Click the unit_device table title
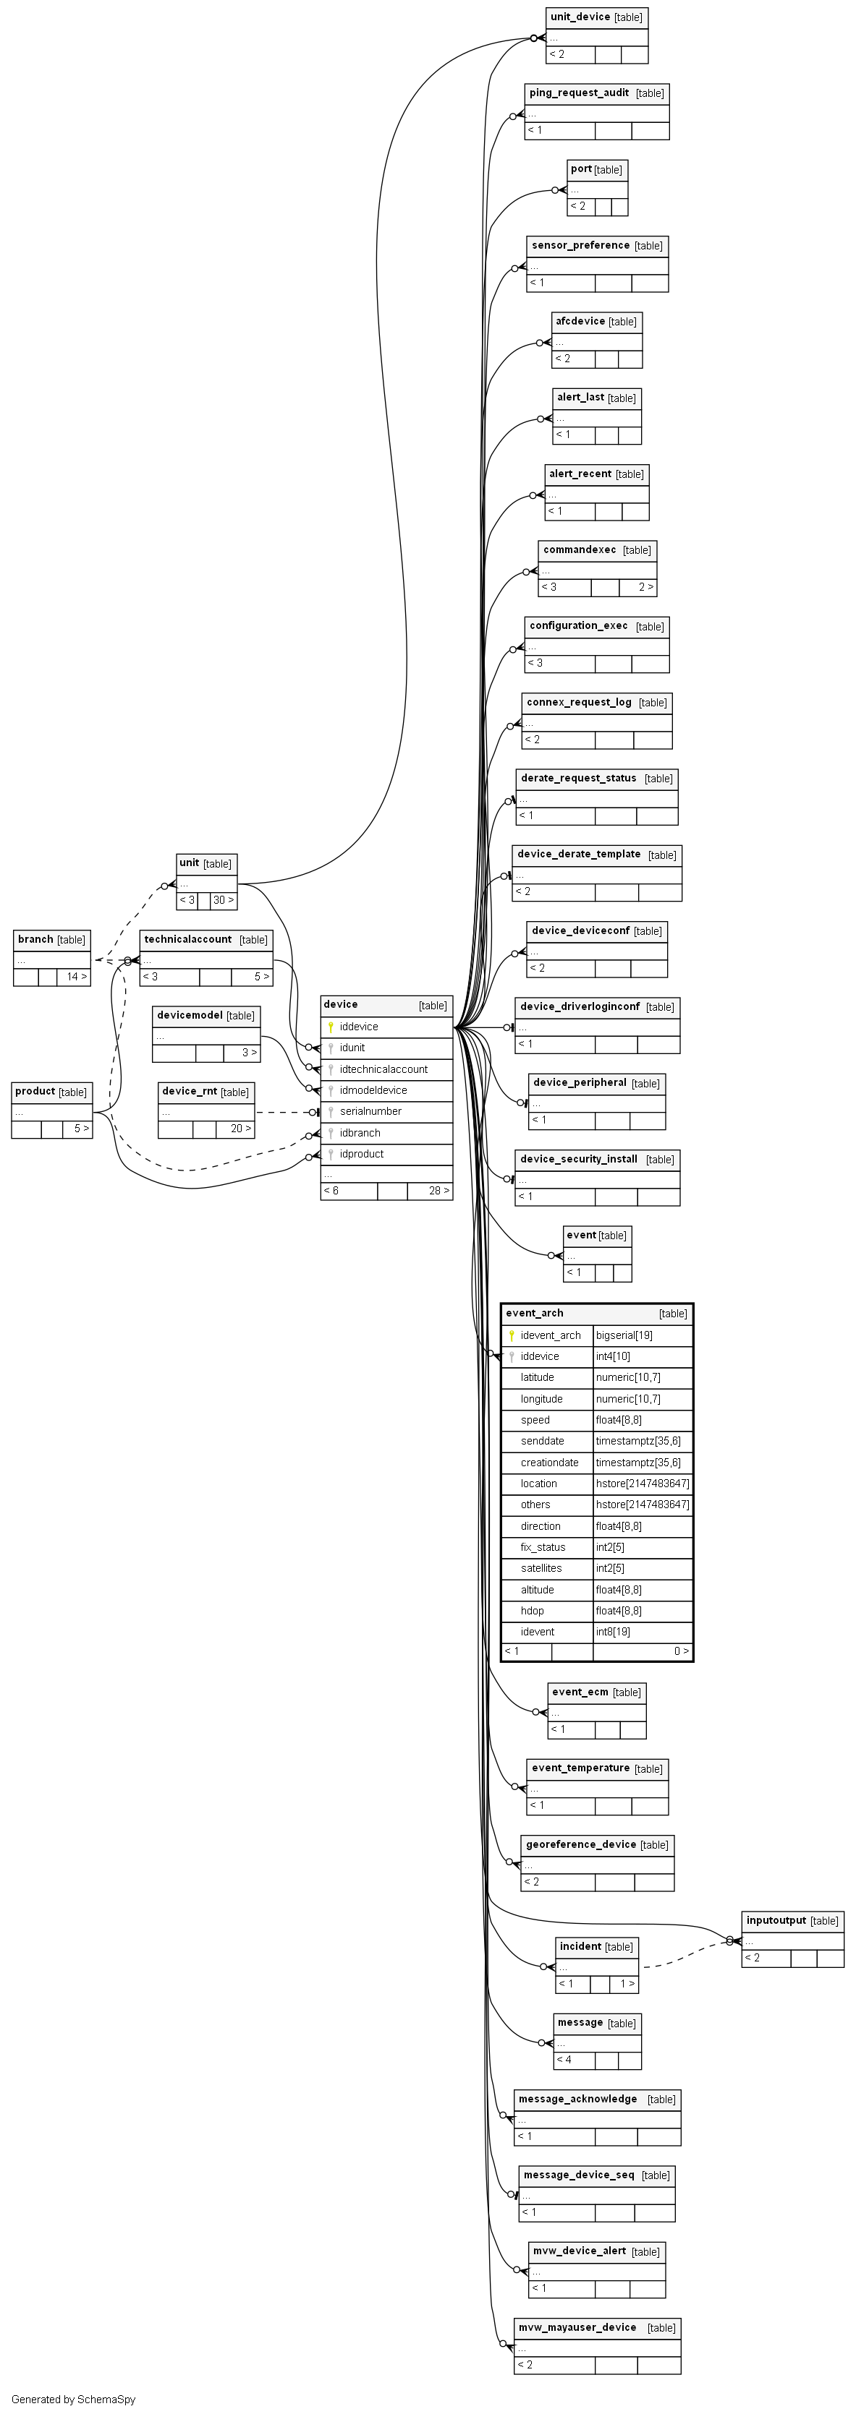[580, 17]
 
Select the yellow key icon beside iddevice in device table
[331, 1027]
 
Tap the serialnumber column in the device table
[370, 1111]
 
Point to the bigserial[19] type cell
[624, 1335]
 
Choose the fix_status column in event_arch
[543, 1547]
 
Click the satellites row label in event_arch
[541, 1568]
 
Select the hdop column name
[532, 1611]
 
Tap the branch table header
[35, 939]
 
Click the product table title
[35, 1091]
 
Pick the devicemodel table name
[190, 1015]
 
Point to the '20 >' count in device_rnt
[241, 1129]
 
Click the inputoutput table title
[776, 1920]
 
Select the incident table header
[580, 1946]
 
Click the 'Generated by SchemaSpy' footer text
[73, 2400]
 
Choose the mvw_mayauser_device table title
[577, 2328]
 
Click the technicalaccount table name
[187, 939]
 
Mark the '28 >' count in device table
[438, 1191]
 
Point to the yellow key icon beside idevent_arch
[512, 1335]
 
